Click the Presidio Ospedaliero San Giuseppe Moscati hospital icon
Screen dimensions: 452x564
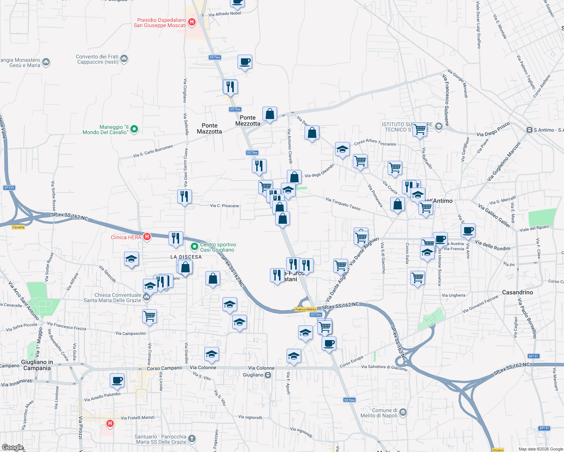pyautogui.click(x=192, y=22)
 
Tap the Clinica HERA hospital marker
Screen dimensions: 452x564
pyautogui.click(x=147, y=237)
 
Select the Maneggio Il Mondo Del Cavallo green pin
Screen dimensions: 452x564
pyautogui.click(x=134, y=130)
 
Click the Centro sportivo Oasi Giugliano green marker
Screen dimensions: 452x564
pyautogui.click(x=195, y=247)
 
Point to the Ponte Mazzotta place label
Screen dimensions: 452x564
pyautogui.click(x=209, y=128)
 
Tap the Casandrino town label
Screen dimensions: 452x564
pyautogui.click(x=518, y=292)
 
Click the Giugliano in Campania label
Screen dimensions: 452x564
pyautogui.click(x=37, y=365)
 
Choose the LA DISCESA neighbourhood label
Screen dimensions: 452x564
pyautogui.click(x=186, y=257)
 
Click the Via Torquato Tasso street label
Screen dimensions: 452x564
pyautogui.click(x=343, y=204)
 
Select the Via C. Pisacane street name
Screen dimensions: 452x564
pyautogui.click(x=224, y=206)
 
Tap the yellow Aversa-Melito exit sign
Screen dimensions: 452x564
pyautogui.click(x=305, y=309)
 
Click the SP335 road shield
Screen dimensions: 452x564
pyautogui.click(x=9, y=188)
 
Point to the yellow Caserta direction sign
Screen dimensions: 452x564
pyautogui.click(x=18, y=227)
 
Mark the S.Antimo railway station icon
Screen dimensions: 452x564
pyautogui.click(x=530, y=130)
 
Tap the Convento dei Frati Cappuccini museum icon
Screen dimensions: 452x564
pyautogui.click(x=124, y=59)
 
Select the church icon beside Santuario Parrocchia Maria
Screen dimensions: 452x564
pyautogui.click(x=192, y=438)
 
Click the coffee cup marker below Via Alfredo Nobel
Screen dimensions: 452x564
pyautogui.click(x=245, y=61)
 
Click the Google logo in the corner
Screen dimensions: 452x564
pyautogui.click(x=12, y=447)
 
